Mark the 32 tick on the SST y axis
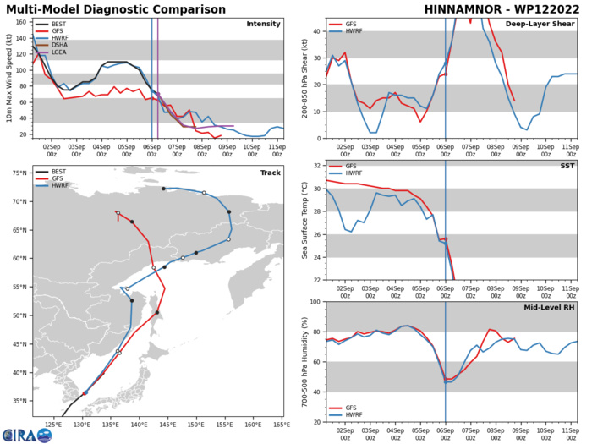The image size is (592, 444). point(316,166)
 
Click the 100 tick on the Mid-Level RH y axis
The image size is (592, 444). point(314,302)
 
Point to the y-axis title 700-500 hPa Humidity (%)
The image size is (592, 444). point(301,361)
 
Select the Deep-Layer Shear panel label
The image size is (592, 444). point(536,23)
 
